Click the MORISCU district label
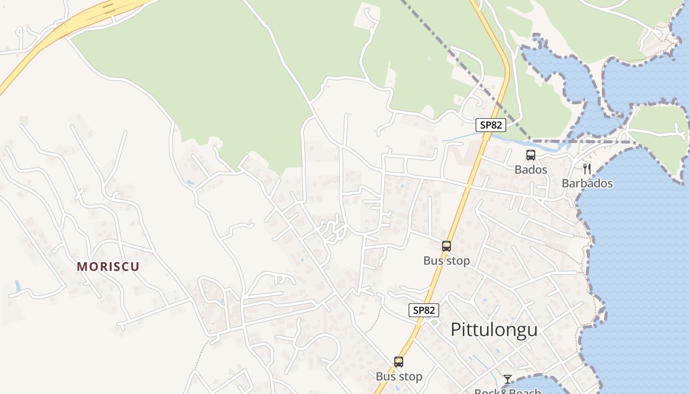click(108, 266)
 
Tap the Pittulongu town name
click(494, 329)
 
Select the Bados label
click(531, 169)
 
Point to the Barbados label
click(587, 183)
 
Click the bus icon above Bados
click(531, 155)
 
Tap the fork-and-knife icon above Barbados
click(586, 169)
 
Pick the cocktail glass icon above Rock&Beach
click(508, 379)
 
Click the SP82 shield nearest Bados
click(491, 125)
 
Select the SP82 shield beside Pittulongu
click(424, 310)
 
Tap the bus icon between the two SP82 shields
click(447, 246)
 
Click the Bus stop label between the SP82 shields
click(447, 261)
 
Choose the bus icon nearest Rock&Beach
click(399, 362)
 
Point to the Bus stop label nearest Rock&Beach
click(399, 377)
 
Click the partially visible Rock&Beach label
click(507, 391)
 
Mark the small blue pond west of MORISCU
click(18, 286)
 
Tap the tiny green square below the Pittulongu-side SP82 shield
click(434, 323)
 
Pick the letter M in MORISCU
click(82, 266)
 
